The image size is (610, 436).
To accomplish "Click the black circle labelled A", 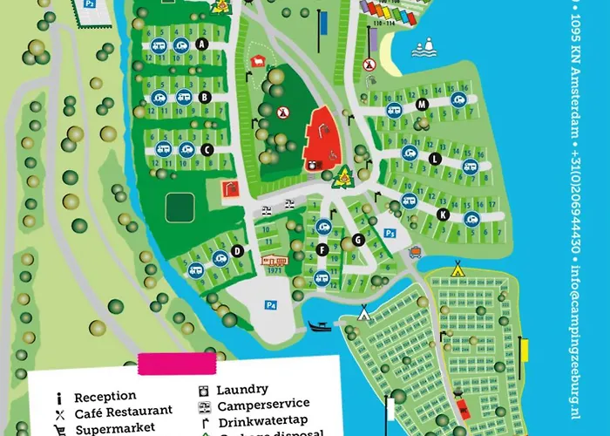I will [x=202, y=44].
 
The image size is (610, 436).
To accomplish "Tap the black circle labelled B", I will [x=205, y=98].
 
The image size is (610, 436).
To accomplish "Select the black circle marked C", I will [x=207, y=150].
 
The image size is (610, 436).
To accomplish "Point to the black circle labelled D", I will [x=236, y=251].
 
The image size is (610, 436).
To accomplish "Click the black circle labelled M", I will [x=422, y=105].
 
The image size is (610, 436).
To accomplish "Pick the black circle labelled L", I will [x=434, y=158].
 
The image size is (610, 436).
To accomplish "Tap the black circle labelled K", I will [x=443, y=214].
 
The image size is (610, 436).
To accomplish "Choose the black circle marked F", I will [x=322, y=250].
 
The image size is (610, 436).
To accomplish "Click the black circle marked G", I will [x=357, y=240].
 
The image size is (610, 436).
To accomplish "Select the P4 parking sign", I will [x=271, y=305].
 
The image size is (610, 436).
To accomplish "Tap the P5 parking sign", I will [x=390, y=233].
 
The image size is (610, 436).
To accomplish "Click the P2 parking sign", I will [x=89, y=4].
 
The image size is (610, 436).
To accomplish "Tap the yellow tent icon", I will [x=456, y=269].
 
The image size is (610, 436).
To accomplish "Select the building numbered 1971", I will [x=274, y=262].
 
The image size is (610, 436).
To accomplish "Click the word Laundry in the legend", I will [x=242, y=389].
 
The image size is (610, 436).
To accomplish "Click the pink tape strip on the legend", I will [x=176, y=362].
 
